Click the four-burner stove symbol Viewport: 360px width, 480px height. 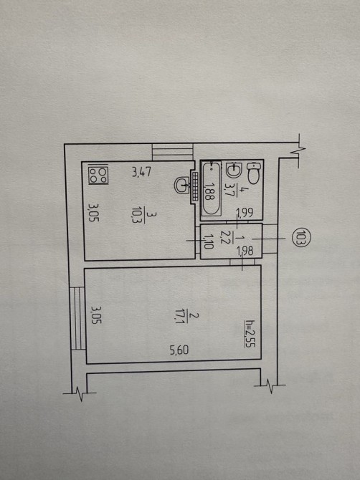98,175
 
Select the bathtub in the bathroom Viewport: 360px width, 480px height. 211,188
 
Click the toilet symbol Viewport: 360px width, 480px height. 253,173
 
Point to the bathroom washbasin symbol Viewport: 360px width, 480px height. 235,170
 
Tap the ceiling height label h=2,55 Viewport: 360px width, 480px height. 250,333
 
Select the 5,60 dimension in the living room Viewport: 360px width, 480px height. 179,350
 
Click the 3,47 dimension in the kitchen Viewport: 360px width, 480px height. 141,172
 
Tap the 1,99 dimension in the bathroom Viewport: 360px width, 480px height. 245,213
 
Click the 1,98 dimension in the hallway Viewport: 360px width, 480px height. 245,251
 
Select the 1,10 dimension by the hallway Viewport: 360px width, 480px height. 209,241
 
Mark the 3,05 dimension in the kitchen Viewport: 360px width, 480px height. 94,213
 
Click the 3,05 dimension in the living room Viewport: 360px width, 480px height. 96,316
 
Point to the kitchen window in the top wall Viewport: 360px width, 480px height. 173,152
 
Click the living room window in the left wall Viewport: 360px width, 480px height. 77,318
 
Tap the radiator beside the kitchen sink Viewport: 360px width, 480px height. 194,186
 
